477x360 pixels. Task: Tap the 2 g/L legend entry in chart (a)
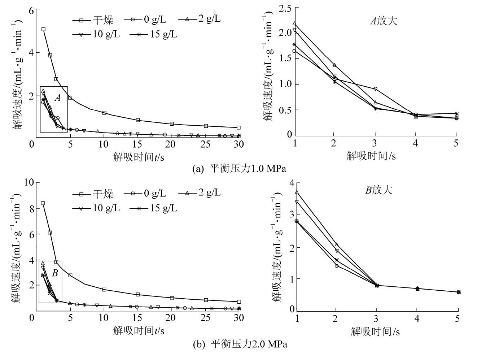tap(200, 19)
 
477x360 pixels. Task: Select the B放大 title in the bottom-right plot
tap(378, 190)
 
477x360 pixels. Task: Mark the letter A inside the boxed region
tap(57, 97)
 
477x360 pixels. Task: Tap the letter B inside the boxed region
tap(55, 273)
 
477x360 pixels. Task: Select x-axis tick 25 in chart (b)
tap(206, 318)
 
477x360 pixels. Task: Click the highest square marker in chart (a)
tap(43, 29)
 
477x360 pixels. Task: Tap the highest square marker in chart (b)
tap(43, 203)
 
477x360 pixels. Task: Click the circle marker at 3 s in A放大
tap(376, 88)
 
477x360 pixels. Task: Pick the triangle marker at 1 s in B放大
tap(297, 192)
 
